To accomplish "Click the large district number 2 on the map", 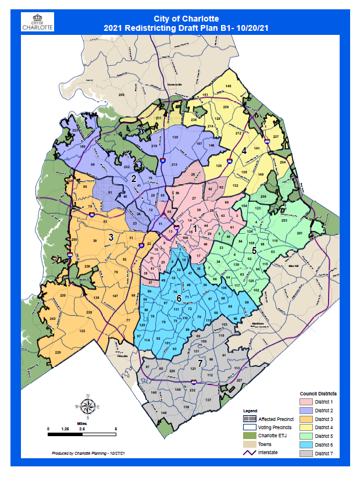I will tap(133, 179).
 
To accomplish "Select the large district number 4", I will tap(244, 151).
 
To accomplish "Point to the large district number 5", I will tap(254, 251).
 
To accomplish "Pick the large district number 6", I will tap(179, 298).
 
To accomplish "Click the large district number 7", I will tap(200, 363).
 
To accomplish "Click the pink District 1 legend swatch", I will tap(306, 402).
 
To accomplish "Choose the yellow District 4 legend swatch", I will tap(306, 427).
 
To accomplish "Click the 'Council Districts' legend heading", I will tap(318, 394).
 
